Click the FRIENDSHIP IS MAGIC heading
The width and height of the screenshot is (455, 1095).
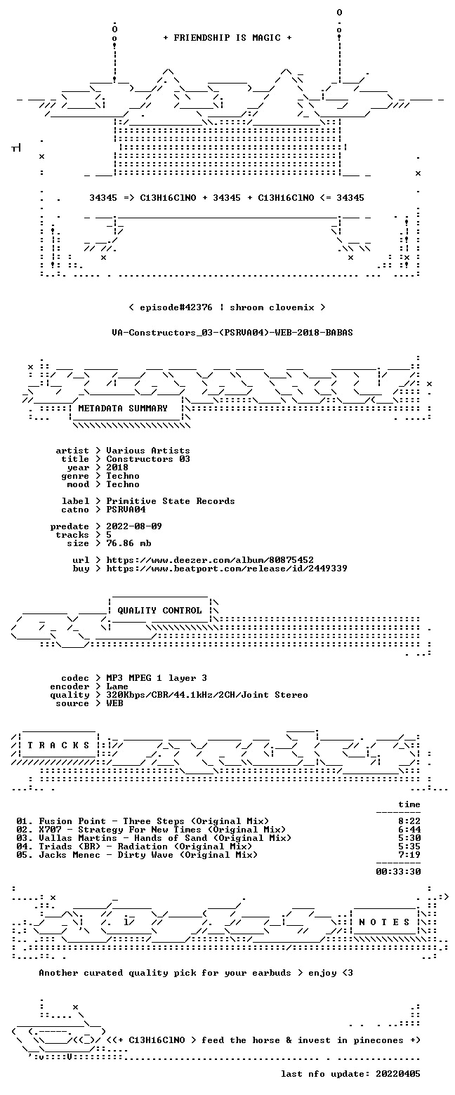coord(227,38)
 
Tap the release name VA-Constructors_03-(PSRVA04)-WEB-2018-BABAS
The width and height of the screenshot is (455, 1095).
coord(232,333)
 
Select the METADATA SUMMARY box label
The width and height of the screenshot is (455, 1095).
coord(123,409)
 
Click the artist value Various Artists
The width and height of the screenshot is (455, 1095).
coord(148,451)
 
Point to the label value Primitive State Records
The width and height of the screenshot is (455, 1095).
coord(171,501)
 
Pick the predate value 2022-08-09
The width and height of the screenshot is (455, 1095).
coord(134,526)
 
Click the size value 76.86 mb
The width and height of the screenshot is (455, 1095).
coord(128,543)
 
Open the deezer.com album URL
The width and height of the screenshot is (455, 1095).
coord(210,559)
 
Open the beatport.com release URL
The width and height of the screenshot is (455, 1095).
coord(227,569)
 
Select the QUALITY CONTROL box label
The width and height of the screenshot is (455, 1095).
coord(159,611)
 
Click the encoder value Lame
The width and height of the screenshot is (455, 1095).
coord(117,686)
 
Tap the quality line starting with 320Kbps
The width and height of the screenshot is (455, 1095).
coord(207,695)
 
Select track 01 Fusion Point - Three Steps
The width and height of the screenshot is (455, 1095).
coord(143,821)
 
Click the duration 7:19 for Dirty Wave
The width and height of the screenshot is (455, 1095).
coord(409,854)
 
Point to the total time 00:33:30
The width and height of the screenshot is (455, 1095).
coord(398,871)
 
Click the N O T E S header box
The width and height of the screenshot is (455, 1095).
coord(385,922)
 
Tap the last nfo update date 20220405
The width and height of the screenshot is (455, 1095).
coord(398,1073)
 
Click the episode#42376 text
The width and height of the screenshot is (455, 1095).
coord(176,307)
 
